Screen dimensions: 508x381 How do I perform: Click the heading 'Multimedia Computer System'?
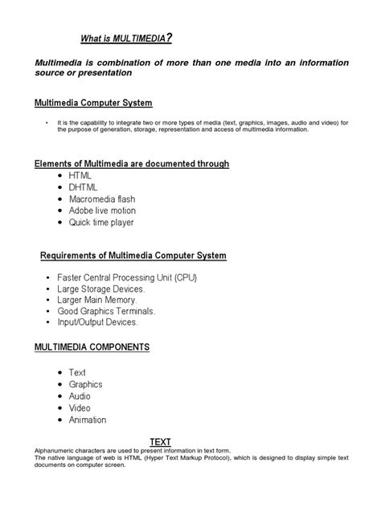click(x=93, y=103)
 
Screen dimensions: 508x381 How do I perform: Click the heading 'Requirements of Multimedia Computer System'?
click(x=133, y=256)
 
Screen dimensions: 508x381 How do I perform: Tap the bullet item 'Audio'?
click(x=80, y=396)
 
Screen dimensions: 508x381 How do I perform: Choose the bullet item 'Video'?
click(x=80, y=408)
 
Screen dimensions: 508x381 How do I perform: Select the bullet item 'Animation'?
click(x=88, y=420)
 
